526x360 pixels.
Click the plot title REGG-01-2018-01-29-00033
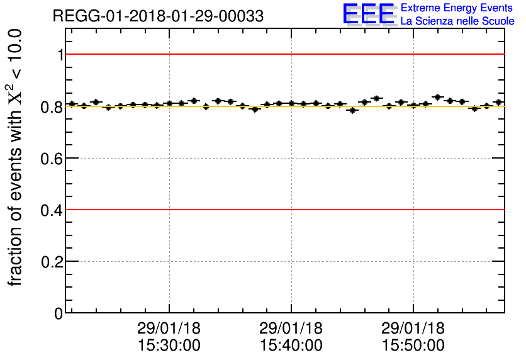click(158, 16)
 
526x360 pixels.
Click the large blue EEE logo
click(368, 14)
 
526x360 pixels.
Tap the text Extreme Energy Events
click(457, 8)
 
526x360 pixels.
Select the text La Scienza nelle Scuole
click(457, 21)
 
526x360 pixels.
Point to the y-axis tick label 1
click(61, 55)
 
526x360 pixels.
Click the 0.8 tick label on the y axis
click(53, 106)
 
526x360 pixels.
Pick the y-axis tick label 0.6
click(53, 158)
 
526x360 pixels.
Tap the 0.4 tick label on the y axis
click(53, 210)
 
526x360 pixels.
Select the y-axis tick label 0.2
click(53, 261)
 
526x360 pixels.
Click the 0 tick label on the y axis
click(59, 313)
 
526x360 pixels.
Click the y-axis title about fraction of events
click(17, 157)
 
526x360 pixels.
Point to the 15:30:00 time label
click(169, 346)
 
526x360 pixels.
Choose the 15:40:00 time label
click(291, 346)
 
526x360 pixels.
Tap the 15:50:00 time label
click(413, 346)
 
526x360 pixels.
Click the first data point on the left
click(72, 104)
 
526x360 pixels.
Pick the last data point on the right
click(498, 102)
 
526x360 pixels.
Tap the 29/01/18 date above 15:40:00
click(291, 329)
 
